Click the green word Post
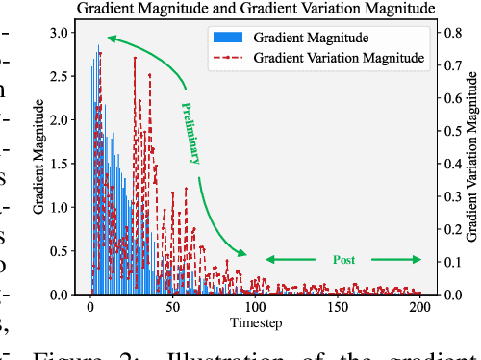[x=343, y=260]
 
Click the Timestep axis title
[x=255, y=322]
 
